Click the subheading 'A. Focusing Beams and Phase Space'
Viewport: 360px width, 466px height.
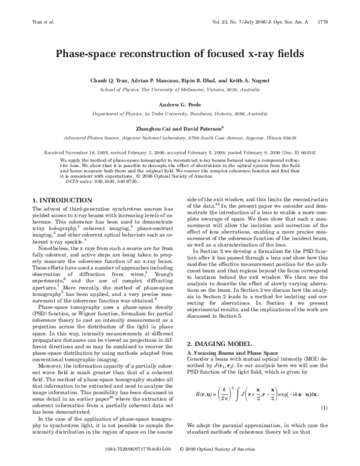coord(232,334)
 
